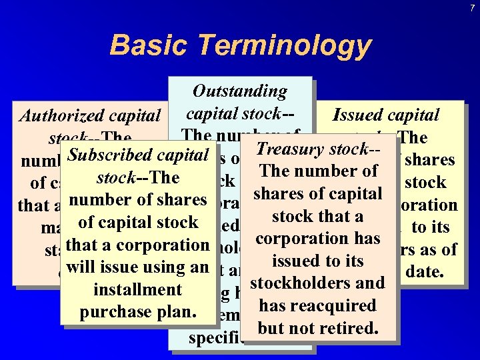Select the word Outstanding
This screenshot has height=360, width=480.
239,91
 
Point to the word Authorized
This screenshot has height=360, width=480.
59,115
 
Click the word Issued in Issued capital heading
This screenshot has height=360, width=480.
359,115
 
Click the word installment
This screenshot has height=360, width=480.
138,290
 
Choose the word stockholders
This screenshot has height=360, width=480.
297,283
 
